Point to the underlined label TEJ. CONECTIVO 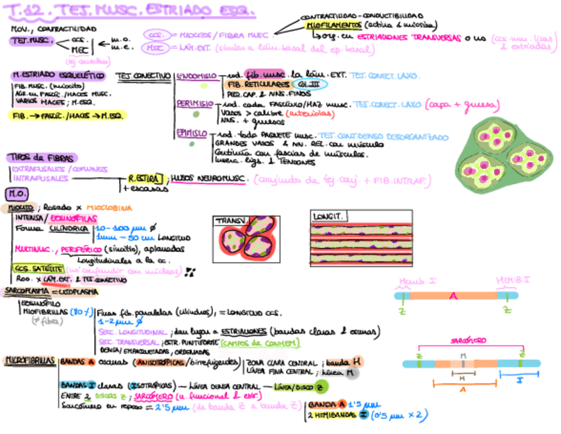[x=143, y=76]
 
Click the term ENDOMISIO [x=194, y=76]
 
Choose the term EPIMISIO [x=193, y=134]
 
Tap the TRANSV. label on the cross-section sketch [x=230, y=221]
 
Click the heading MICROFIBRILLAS [x=29, y=361]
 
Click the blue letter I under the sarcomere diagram [x=519, y=382]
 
